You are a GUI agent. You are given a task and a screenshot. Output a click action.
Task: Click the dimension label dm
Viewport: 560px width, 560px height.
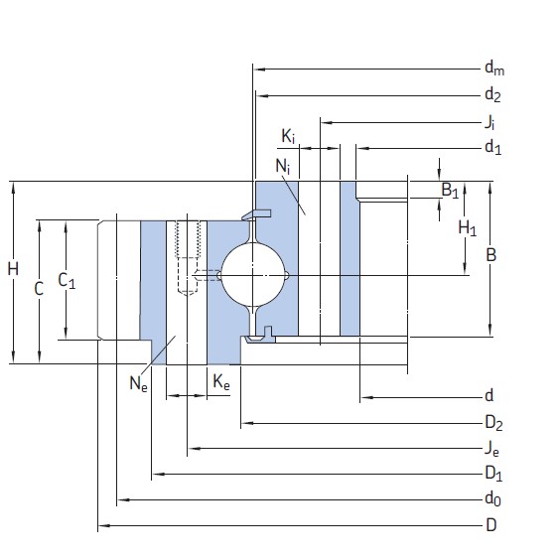(x=493, y=69)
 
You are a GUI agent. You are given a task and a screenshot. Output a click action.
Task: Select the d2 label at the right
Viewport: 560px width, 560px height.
(x=492, y=95)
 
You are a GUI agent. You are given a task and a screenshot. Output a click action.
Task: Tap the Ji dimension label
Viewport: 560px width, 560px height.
(x=490, y=122)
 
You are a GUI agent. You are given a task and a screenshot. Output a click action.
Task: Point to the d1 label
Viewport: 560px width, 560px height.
(x=492, y=148)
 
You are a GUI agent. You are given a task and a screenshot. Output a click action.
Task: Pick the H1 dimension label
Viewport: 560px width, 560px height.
(x=467, y=228)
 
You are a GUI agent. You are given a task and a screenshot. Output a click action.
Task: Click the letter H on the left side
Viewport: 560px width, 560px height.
(x=12, y=269)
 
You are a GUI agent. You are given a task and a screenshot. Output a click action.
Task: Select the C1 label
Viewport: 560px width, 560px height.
(x=68, y=281)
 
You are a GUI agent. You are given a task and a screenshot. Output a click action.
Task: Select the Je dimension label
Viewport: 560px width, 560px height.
(x=490, y=450)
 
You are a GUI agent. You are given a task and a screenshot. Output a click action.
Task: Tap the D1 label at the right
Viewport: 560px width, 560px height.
(x=492, y=473)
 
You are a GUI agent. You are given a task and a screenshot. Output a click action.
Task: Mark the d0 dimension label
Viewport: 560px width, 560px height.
(x=491, y=499)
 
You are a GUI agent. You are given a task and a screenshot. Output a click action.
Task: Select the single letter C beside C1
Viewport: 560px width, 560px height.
(x=39, y=289)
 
